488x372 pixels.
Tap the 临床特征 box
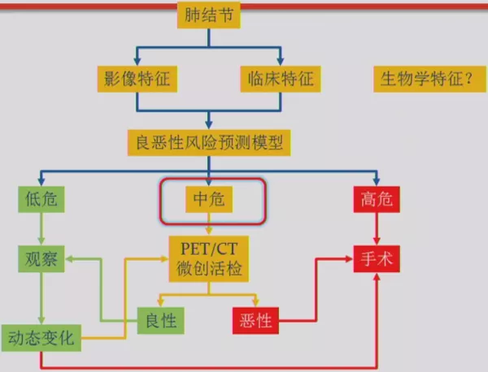point(280,80)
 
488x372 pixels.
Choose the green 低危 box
point(41,199)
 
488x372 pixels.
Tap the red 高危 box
point(377,199)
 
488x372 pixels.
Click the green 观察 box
point(41,259)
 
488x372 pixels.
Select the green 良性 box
point(161,319)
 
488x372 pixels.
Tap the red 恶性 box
point(255,320)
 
